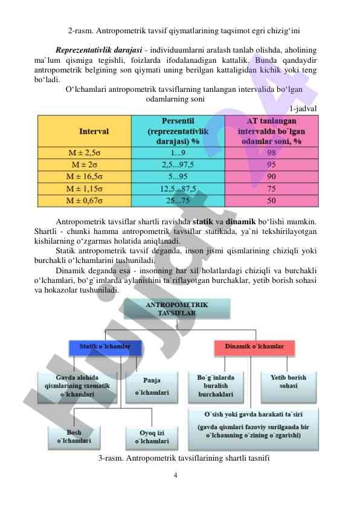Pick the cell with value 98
[x=272, y=153]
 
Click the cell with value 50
[x=272, y=200]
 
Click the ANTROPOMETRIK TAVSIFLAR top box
[x=182, y=309]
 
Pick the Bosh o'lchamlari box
[x=74, y=437]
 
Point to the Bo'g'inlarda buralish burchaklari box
[x=216, y=387]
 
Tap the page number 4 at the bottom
[x=175, y=475]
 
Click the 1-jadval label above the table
[x=304, y=109]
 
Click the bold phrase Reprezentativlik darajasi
[x=98, y=49]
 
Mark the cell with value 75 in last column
[x=272, y=188]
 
